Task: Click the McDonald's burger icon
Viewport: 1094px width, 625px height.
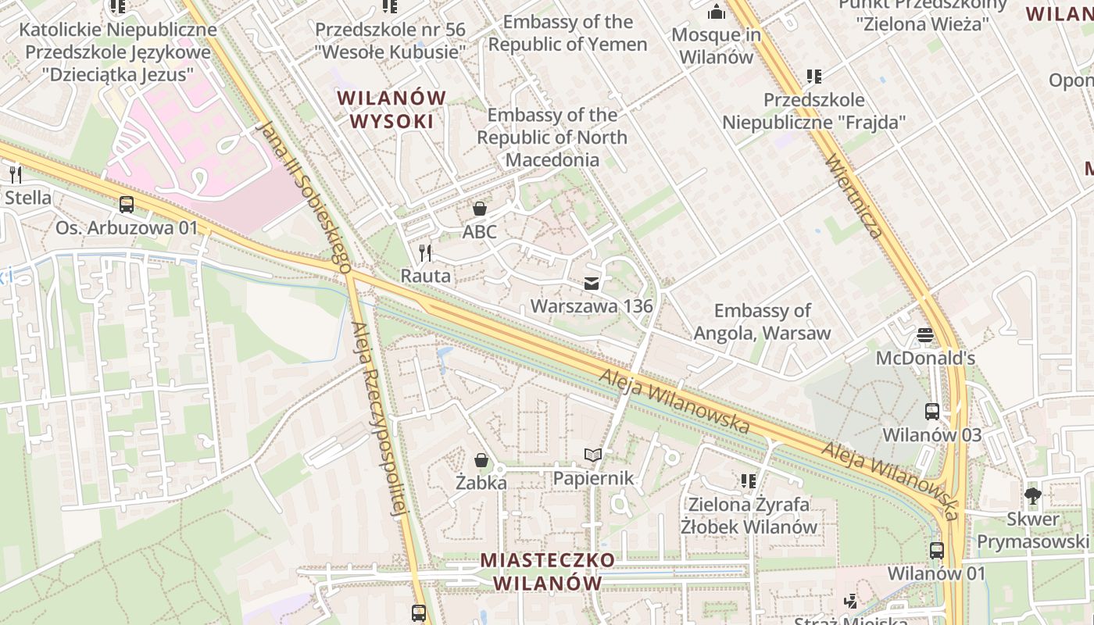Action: coord(925,335)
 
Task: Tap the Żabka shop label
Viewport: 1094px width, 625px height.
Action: coord(481,483)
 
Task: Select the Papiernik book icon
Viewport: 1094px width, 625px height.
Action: coord(594,455)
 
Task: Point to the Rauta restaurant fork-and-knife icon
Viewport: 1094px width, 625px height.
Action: coord(425,252)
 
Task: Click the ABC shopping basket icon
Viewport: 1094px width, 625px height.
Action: coord(479,209)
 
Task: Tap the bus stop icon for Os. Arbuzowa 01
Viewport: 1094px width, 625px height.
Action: coord(126,205)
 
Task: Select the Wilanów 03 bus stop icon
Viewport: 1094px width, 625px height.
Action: coord(931,411)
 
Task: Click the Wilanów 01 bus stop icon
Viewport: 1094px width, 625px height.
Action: coord(936,550)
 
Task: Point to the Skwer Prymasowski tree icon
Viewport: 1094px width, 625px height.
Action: coord(1032,495)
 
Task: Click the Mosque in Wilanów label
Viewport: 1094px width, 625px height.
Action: coord(716,45)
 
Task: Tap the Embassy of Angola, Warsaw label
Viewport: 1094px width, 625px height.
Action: coord(762,322)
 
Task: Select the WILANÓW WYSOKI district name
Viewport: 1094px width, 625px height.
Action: coord(391,109)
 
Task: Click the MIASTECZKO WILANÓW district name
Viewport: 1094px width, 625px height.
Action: coord(548,571)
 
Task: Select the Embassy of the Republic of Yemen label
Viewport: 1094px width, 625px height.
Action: coord(568,33)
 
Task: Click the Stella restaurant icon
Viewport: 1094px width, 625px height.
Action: coord(14,174)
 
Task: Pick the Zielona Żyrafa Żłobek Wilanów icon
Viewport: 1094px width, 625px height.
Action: coord(749,480)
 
